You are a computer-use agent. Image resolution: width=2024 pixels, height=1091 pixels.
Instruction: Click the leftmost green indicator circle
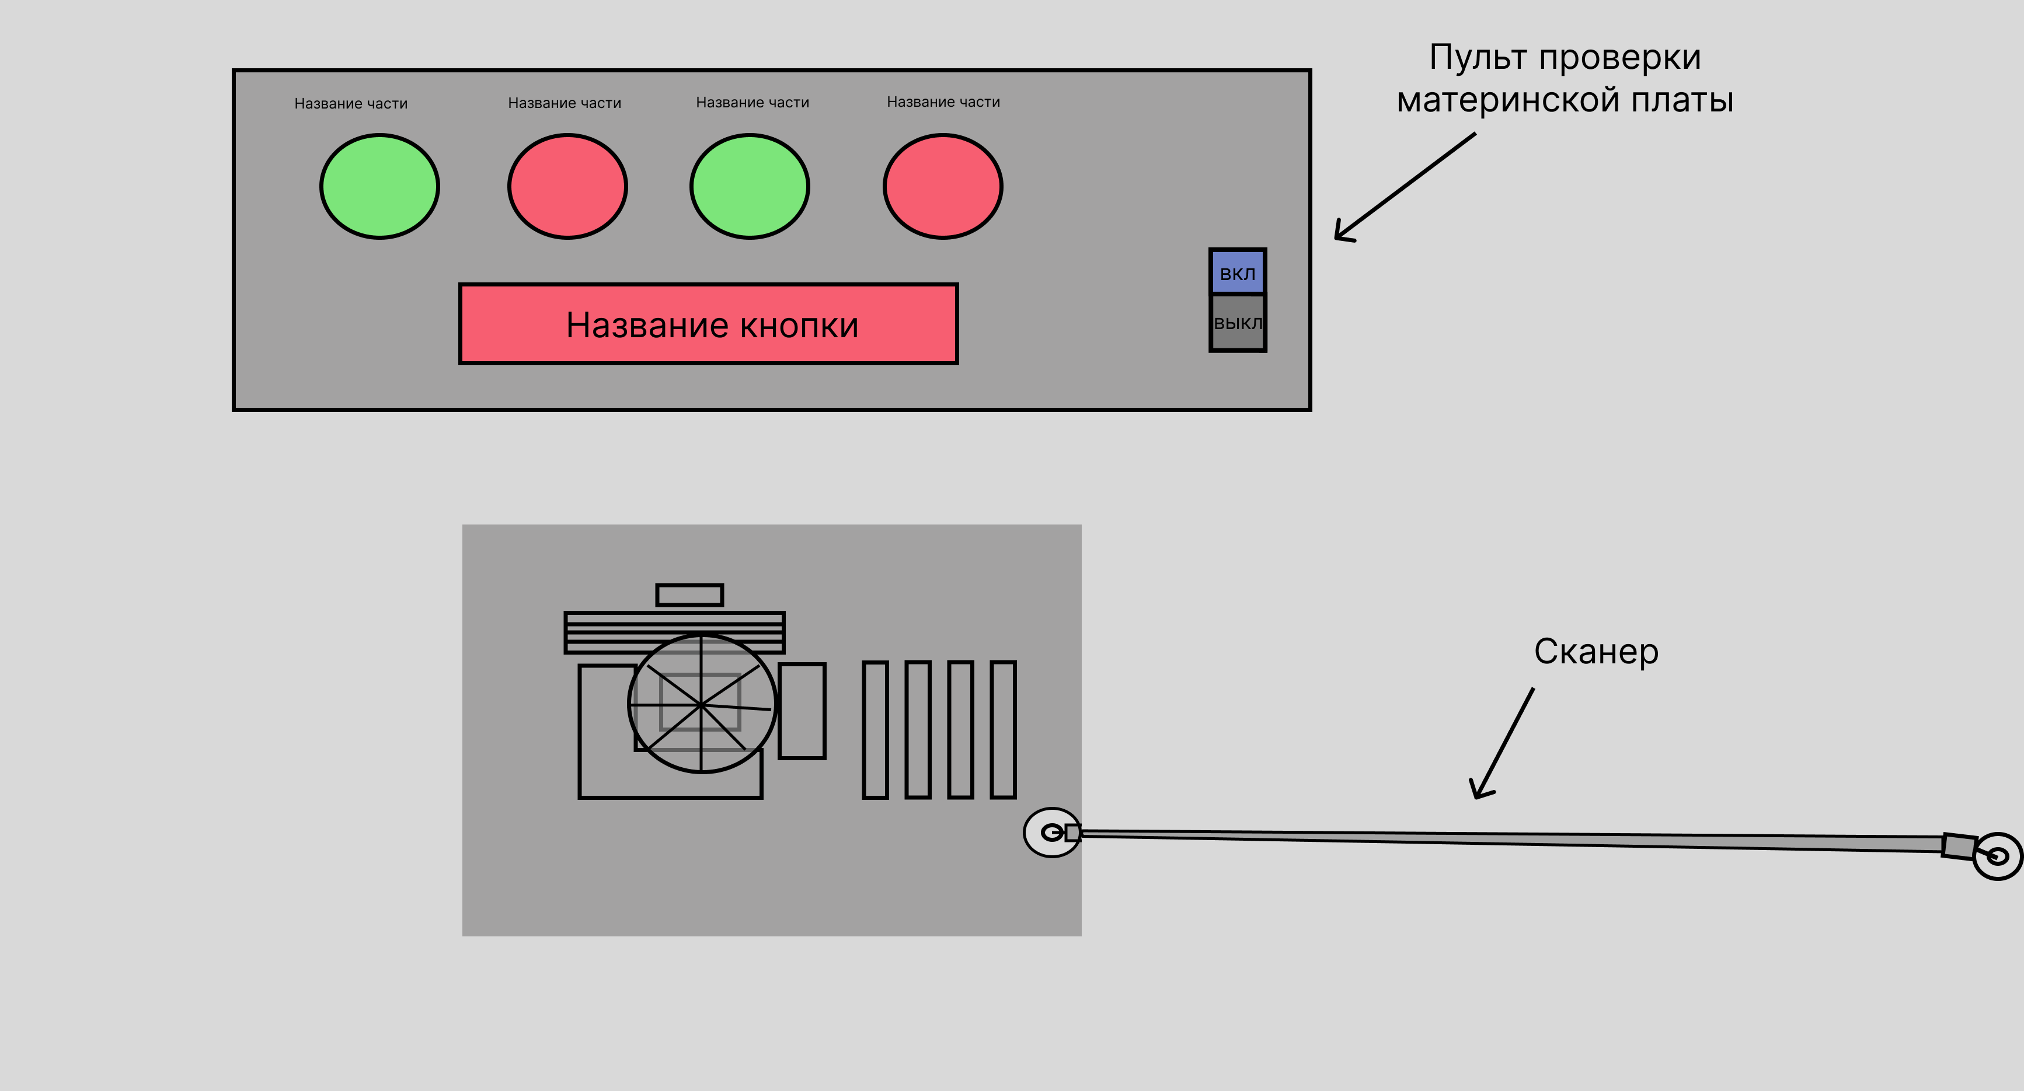379,186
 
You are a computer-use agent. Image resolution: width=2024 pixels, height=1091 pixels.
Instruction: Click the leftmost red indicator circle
567,186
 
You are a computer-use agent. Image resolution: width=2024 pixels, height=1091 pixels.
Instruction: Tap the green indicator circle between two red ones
750,186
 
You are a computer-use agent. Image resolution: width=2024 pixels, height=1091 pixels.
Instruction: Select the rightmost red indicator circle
943,186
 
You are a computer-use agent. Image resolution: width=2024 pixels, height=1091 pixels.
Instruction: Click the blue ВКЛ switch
1238,272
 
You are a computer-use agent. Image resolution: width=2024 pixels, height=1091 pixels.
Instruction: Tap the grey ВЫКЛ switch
1238,323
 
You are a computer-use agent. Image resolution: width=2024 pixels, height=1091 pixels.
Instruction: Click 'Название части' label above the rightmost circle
943,102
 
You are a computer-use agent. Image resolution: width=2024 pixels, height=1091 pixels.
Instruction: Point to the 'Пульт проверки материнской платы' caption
1565,79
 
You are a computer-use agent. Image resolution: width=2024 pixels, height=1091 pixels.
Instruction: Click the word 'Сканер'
1595,651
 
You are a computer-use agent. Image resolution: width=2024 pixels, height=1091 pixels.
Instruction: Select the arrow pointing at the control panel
1404,187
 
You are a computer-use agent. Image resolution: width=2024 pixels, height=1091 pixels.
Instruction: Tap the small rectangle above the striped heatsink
689,595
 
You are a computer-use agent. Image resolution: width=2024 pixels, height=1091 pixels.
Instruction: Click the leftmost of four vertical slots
875,730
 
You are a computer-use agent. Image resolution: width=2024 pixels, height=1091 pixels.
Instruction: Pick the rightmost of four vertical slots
1002,730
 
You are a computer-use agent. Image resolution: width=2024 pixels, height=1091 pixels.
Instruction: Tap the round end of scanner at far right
1998,855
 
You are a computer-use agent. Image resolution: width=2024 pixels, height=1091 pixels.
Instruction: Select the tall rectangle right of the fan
802,711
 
